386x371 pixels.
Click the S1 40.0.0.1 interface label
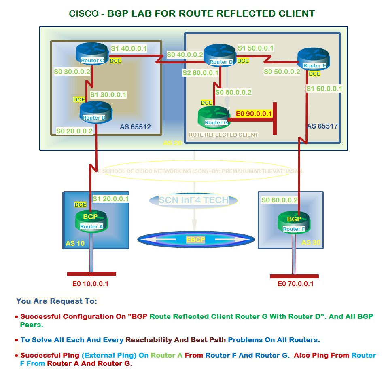[129, 48]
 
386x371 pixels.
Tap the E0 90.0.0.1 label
[254, 114]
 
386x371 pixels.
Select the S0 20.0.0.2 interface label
[74, 131]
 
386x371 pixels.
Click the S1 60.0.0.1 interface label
[324, 89]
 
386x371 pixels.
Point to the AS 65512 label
[135, 127]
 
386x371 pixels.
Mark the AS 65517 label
[322, 126]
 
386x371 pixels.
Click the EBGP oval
[195, 240]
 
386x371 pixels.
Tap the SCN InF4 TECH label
[193, 200]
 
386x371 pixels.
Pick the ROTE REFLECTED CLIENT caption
[223, 135]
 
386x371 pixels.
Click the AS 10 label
[75, 243]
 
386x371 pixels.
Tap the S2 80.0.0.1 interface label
[200, 73]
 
